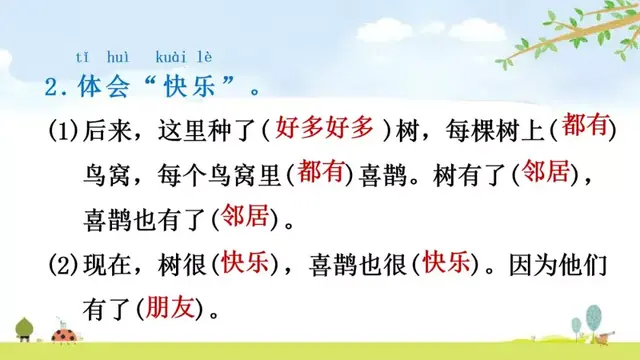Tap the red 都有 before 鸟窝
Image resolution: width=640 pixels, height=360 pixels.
pos(583,125)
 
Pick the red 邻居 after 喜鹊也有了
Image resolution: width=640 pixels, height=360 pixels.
pos(247,216)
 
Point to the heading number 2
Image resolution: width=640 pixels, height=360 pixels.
pos(55,86)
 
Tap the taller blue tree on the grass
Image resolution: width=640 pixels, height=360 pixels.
pos(576,326)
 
